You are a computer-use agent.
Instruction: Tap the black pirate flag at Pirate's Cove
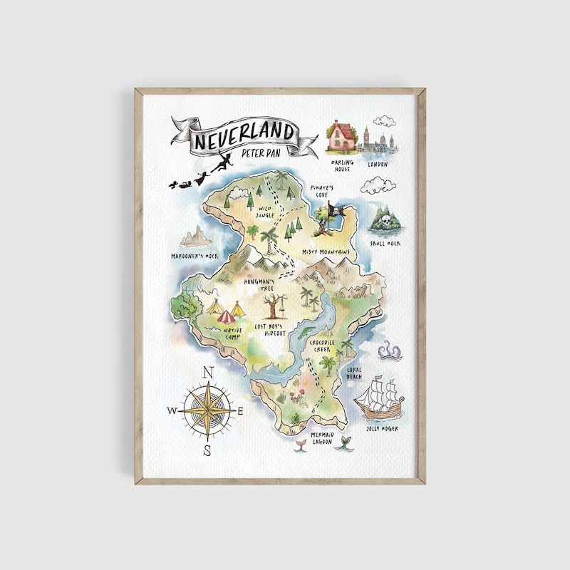335,209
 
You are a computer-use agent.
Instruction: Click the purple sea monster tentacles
389,350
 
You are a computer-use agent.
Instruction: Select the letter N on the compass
208,372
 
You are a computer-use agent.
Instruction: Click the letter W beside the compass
172,411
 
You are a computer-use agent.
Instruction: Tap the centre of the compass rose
207,411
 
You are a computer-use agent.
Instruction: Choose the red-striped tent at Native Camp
225,314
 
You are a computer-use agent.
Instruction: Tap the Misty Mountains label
326,252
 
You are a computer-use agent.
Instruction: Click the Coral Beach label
354,373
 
